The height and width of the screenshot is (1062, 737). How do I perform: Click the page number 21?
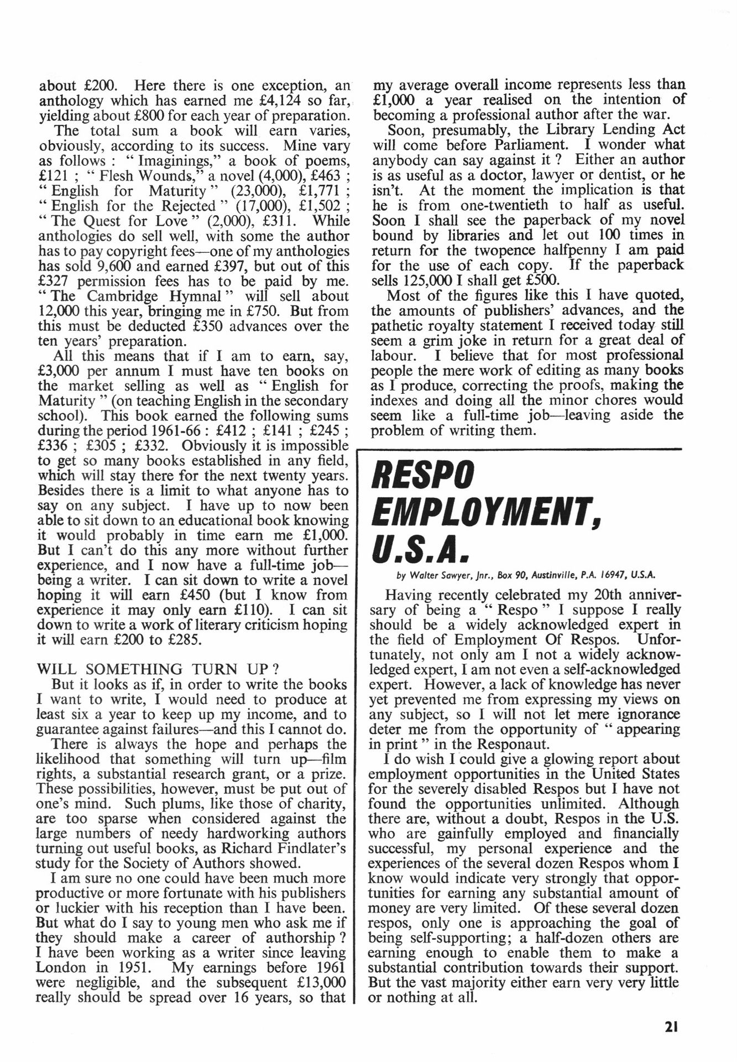coord(671,1027)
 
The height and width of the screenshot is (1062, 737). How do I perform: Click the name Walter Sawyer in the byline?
coord(435,575)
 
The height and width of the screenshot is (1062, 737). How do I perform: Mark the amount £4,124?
coord(261,101)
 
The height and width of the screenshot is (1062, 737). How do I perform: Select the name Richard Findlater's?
coord(299,848)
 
